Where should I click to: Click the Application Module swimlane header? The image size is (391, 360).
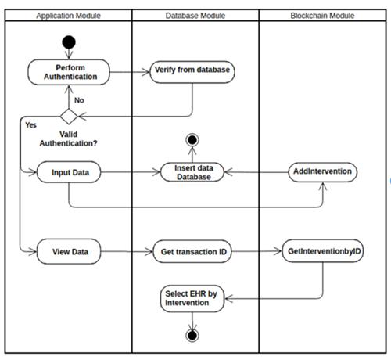point(68,16)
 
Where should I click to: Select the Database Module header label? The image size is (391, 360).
point(195,16)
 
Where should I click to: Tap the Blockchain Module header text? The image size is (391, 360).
point(322,16)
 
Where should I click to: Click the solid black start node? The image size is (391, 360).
point(69,42)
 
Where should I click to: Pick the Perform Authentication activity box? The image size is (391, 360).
point(69,72)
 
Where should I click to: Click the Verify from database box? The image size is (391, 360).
point(192,72)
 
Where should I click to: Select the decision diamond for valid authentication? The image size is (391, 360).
point(69,117)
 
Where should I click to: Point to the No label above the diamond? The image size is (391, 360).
point(79,100)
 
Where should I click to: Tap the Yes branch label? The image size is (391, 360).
point(30,125)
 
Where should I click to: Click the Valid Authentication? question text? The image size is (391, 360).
point(68,139)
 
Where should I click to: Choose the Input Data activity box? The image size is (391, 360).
point(69,172)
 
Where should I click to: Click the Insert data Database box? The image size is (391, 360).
point(192,172)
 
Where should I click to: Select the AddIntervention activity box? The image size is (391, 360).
point(323,172)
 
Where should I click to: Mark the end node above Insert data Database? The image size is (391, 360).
point(192,140)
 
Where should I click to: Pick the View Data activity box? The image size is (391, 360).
point(69,251)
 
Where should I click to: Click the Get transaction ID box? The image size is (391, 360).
point(192,251)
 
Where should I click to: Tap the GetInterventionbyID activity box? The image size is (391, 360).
point(323,251)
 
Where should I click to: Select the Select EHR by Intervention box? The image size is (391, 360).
point(192,299)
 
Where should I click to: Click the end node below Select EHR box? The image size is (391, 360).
point(192,336)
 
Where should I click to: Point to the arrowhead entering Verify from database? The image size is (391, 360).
point(146,72)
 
